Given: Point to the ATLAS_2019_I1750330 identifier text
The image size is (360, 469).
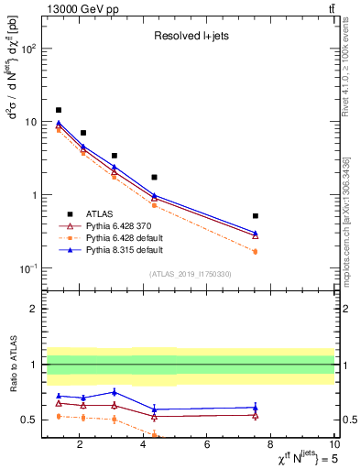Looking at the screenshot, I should tap(191, 273).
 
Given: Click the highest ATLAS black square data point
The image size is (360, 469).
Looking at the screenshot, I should tap(59, 110).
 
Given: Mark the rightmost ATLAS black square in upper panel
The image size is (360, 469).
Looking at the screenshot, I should tap(256, 216).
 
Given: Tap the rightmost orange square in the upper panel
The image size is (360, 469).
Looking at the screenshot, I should tap(256, 251).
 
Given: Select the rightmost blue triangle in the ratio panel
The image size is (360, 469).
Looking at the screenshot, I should tap(256, 407).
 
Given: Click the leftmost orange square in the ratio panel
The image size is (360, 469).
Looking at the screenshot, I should tap(59, 416).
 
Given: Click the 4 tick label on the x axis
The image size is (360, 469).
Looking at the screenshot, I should tap(143, 445).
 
